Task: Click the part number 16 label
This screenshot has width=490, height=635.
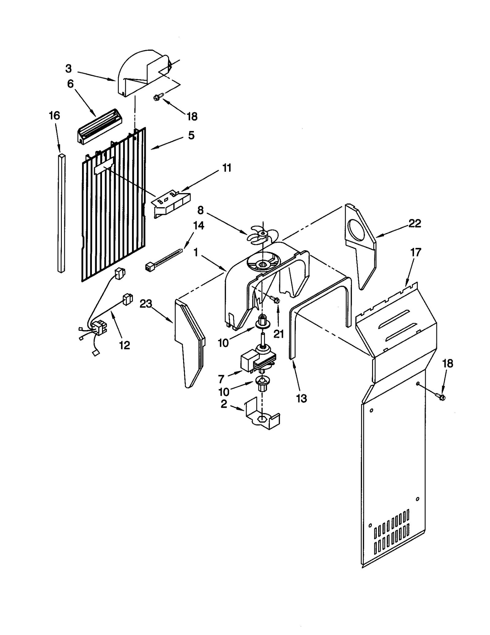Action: coord(55,116)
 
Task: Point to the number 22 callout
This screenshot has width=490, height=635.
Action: coord(415,223)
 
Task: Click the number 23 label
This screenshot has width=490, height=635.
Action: coord(146,304)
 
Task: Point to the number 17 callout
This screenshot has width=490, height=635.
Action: coord(416,252)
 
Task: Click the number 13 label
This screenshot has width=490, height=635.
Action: coord(301,398)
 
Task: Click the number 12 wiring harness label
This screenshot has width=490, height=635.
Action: coord(124,346)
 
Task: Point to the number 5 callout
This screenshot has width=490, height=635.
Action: coord(191,135)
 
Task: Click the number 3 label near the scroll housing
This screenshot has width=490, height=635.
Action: coord(69,69)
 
